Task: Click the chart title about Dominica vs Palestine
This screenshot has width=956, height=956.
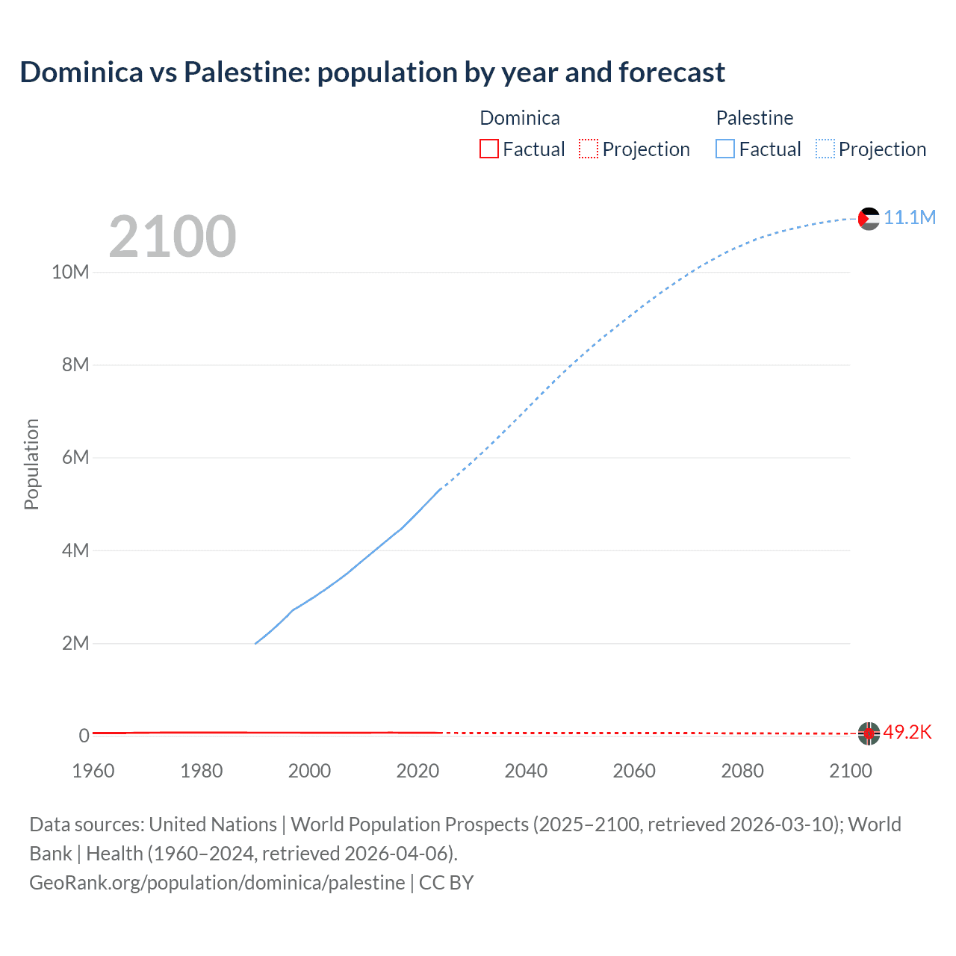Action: point(372,72)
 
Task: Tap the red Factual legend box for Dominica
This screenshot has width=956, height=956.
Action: point(488,149)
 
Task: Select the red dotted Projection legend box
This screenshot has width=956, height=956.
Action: point(589,149)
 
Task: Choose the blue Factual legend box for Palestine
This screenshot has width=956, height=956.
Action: point(724,149)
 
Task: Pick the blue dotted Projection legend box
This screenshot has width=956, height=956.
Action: point(825,149)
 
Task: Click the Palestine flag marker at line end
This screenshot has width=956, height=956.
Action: point(869,218)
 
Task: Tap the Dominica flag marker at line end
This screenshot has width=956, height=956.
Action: point(869,733)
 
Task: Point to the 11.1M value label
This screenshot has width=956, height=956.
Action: point(910,217)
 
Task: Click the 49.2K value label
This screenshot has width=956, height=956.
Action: point(907,732)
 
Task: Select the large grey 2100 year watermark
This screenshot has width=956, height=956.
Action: point(173,237)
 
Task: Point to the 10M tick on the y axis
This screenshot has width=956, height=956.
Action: point(70,272)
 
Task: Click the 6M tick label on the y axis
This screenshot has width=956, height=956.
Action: point(75,457)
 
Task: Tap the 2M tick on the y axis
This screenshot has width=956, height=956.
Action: point(75,643)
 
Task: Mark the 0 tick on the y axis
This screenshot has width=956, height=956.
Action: point(84,736)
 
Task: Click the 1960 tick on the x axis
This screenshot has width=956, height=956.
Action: point(93,771)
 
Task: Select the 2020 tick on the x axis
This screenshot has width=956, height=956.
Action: point(418,771)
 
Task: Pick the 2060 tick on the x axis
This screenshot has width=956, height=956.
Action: point(634,771)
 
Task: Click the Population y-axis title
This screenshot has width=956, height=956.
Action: point(31,464)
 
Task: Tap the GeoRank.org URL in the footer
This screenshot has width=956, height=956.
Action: point(217,882)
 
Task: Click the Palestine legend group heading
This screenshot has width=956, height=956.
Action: point(754,118)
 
